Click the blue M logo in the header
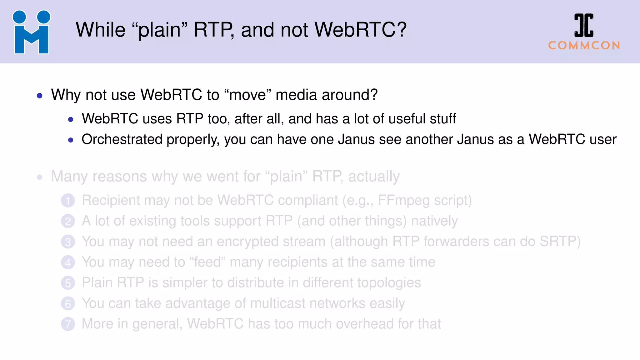(31, 32)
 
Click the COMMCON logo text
(584, 46)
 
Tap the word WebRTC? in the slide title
(360, 30)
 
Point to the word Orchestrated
(122, 139)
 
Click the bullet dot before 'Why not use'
(40, 96)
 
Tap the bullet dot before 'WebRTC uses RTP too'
(71, 119)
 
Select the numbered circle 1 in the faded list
(68, 201)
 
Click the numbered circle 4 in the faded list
(68, 262)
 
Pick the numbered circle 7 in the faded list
(68, 324)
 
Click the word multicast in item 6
(278, 303)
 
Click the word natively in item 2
(434, 221)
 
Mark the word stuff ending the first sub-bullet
(443, 119)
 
